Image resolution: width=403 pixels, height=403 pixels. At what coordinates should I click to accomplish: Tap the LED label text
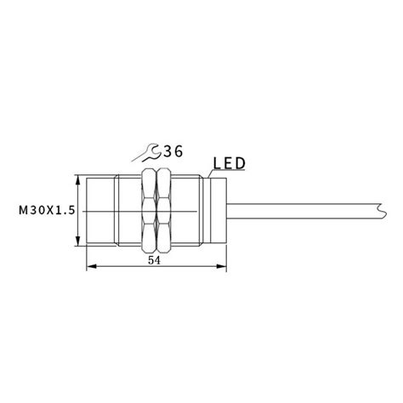(x=229, y=161)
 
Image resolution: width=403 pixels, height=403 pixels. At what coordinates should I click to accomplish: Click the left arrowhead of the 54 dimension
(x=91, y=268)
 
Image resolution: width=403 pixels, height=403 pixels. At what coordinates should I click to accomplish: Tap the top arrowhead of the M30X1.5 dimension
(x=78, y=181)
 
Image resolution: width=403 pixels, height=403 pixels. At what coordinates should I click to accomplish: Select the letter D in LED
(x=242, y=161)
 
